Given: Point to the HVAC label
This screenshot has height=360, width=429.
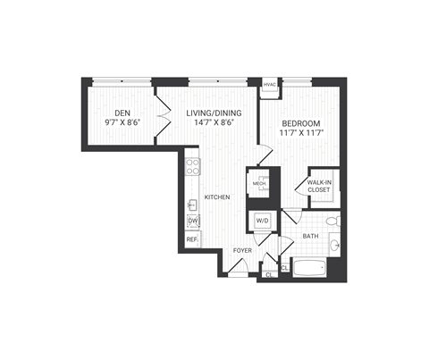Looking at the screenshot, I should coord(270,85).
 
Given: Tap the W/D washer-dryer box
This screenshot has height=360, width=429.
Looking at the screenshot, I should coord(263,220).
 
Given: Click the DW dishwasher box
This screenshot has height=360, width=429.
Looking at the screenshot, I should coord(192,221).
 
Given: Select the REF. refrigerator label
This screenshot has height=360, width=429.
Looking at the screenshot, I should coord(191,239).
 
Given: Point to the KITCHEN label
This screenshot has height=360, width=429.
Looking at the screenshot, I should coord(217,197).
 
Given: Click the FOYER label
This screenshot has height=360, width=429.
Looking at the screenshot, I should coord(242,250).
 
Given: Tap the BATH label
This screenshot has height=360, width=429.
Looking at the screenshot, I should coord(309,236).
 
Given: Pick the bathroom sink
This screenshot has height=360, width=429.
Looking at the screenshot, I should coord(334,242).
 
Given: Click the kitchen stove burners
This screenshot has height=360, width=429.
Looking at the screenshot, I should coord(193,167).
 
